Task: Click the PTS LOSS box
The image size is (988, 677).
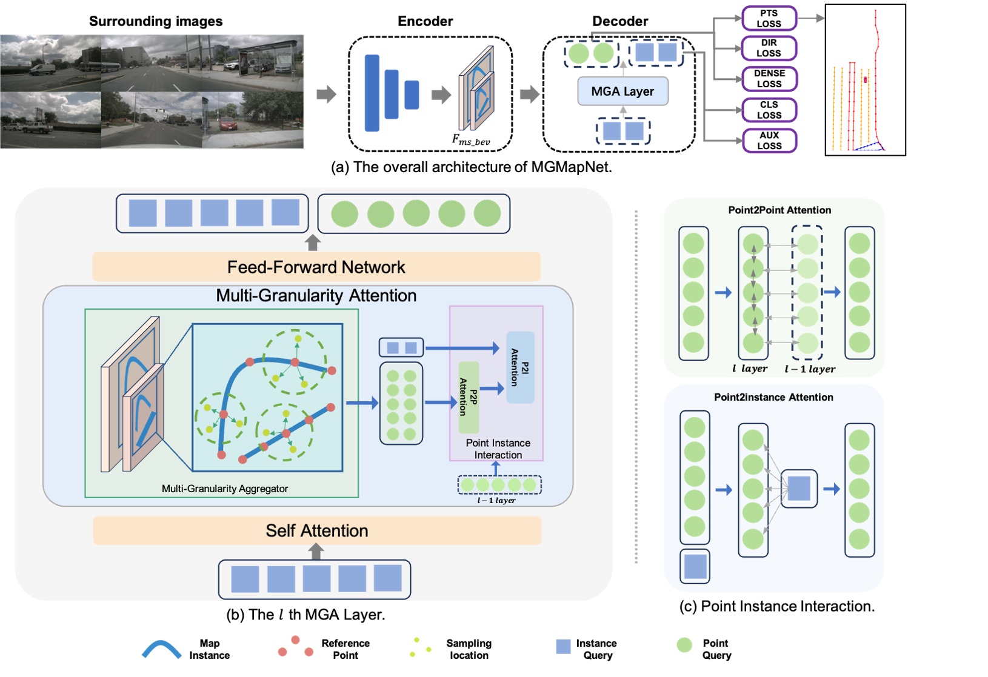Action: [769, 18]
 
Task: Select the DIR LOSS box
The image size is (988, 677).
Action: [769, 48]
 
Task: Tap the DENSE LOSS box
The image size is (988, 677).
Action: [769, 79]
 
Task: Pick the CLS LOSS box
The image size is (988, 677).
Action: [769, 110]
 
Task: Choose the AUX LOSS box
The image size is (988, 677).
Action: [769, 141]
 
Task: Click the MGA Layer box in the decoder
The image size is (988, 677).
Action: [623, 92]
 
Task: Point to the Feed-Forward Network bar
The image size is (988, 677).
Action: [316, 267]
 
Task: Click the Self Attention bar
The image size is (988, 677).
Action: [316, 531]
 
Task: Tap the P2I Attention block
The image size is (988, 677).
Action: [520, 367]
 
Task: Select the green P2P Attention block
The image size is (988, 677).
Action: [469, 397]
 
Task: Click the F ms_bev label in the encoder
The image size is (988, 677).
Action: [470, 140]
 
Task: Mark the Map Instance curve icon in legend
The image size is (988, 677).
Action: [161, 650]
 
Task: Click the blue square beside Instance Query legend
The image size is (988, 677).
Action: [563, 647]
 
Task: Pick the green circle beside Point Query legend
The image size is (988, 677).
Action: [684, 645]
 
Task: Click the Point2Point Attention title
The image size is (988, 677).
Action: [779, 210]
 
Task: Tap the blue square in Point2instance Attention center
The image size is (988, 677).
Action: [798, 489]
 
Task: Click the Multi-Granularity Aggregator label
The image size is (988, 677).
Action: [224, 489]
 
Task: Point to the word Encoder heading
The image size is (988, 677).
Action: [425, 21]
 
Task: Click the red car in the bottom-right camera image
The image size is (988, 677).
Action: [228, 125]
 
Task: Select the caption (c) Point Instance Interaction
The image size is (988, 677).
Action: [776, 606]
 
